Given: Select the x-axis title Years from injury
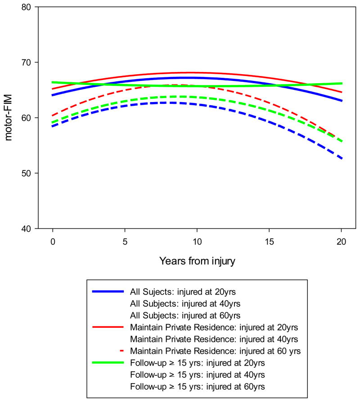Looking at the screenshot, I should pos(197,261).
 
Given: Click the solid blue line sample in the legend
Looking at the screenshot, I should pos(108,291).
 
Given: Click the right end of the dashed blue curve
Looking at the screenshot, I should pos(342,159).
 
